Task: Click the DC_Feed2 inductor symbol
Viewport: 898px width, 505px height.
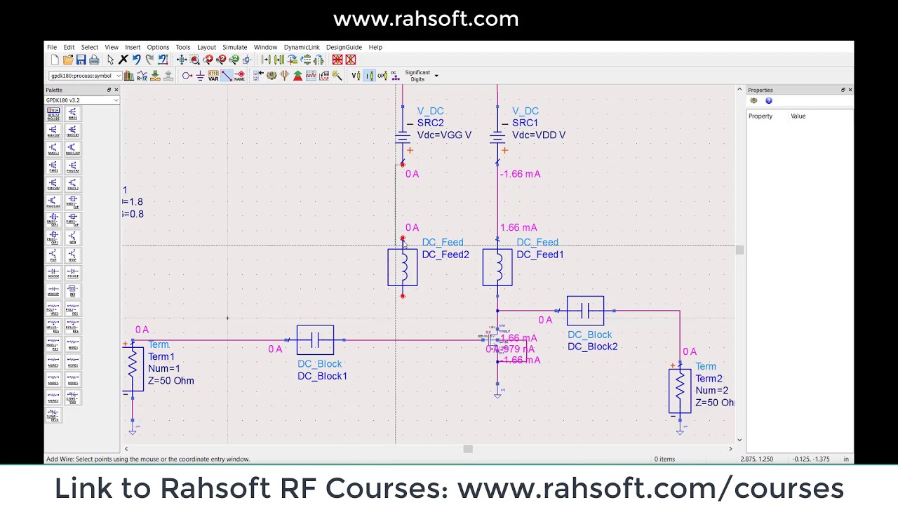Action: pyautogui.click(x=403, y=267)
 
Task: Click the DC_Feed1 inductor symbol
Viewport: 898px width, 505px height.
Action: pyautogui.click(x=497, y=267)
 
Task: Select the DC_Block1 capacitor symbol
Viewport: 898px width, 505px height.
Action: pyautogui.click(x=315, y=340)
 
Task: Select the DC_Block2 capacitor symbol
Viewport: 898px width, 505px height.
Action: pyautogui.click(x=585, y=311)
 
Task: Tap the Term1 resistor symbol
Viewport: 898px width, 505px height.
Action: pyautogui.click(x=133, y=369)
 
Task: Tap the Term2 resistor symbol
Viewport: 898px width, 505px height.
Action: pyautogui.click(x=679, y=391)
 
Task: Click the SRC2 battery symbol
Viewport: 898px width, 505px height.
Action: pyautogui.click(x=403, y=135)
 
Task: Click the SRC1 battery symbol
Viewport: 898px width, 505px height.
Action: pyautogui.click(x=497, y=135)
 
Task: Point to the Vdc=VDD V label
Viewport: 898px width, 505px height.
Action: pyautogui.click(x=539, y=135)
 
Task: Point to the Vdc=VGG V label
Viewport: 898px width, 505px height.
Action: pyautogui.click(x=444, y=135)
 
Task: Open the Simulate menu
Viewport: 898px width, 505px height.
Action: pyautogui.click(x=234, y=47)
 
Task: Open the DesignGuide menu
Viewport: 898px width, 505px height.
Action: pyautogui.click(x=344, y=47)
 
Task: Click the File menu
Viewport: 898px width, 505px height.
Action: pyautogui.click(x=52, y=47)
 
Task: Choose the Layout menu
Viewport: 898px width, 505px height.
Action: pyautogui.click(x=206, y=47)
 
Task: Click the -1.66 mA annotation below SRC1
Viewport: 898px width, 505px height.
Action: pyautogui.click(x=520, y=174)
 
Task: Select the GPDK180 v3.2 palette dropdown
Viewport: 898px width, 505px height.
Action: pyautogui.click(x=82, y=100)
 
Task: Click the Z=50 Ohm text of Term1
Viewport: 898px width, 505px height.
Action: pyautogui.click(x=170, y=381)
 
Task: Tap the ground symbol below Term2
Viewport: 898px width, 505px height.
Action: pyautogui.click(x=679, y=431)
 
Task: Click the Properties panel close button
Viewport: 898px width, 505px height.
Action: pyautogui.click(x=850, y=90)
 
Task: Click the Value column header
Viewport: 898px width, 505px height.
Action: pyautogui.click(x=798, y=116)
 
